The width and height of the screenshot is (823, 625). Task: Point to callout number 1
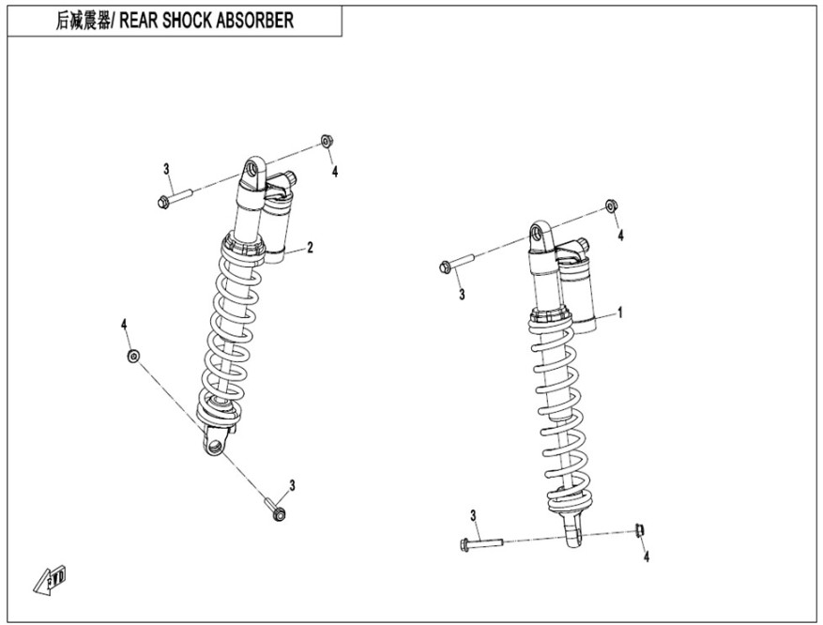[619, 311]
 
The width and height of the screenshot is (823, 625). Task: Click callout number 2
[310, 247]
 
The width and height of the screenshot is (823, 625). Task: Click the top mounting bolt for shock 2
[175, 198]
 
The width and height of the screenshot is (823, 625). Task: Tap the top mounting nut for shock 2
[326, 141]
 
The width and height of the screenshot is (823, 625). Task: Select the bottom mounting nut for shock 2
[132, 356]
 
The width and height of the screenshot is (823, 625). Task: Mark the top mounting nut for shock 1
[610, 206]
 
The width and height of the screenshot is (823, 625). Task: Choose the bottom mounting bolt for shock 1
[481, 542]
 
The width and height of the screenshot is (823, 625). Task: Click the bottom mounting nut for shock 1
[638, 530]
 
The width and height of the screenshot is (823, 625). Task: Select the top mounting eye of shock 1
[540, 236]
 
